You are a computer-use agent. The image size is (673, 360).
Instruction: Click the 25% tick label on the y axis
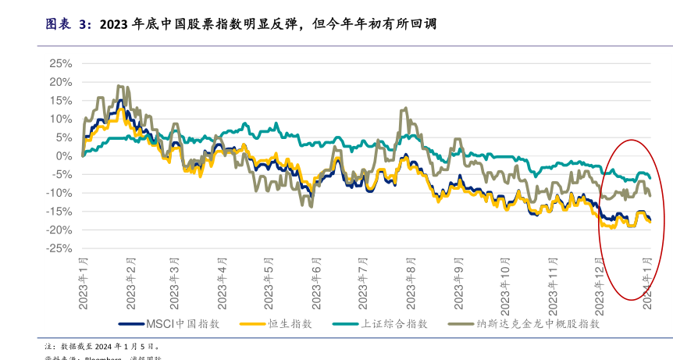(61, 63)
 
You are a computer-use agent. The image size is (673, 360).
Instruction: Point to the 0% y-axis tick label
(64, 155)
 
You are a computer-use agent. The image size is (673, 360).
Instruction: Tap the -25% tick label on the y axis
(59, 248)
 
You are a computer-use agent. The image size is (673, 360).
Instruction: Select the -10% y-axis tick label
(59, 193)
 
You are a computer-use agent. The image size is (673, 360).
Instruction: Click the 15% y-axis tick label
(61, 100)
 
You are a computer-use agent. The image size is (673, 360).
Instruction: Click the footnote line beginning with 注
(101, 345)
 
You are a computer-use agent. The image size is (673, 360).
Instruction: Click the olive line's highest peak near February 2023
(118, 86)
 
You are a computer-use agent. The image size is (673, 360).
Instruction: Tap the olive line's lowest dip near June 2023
(312, 206)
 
